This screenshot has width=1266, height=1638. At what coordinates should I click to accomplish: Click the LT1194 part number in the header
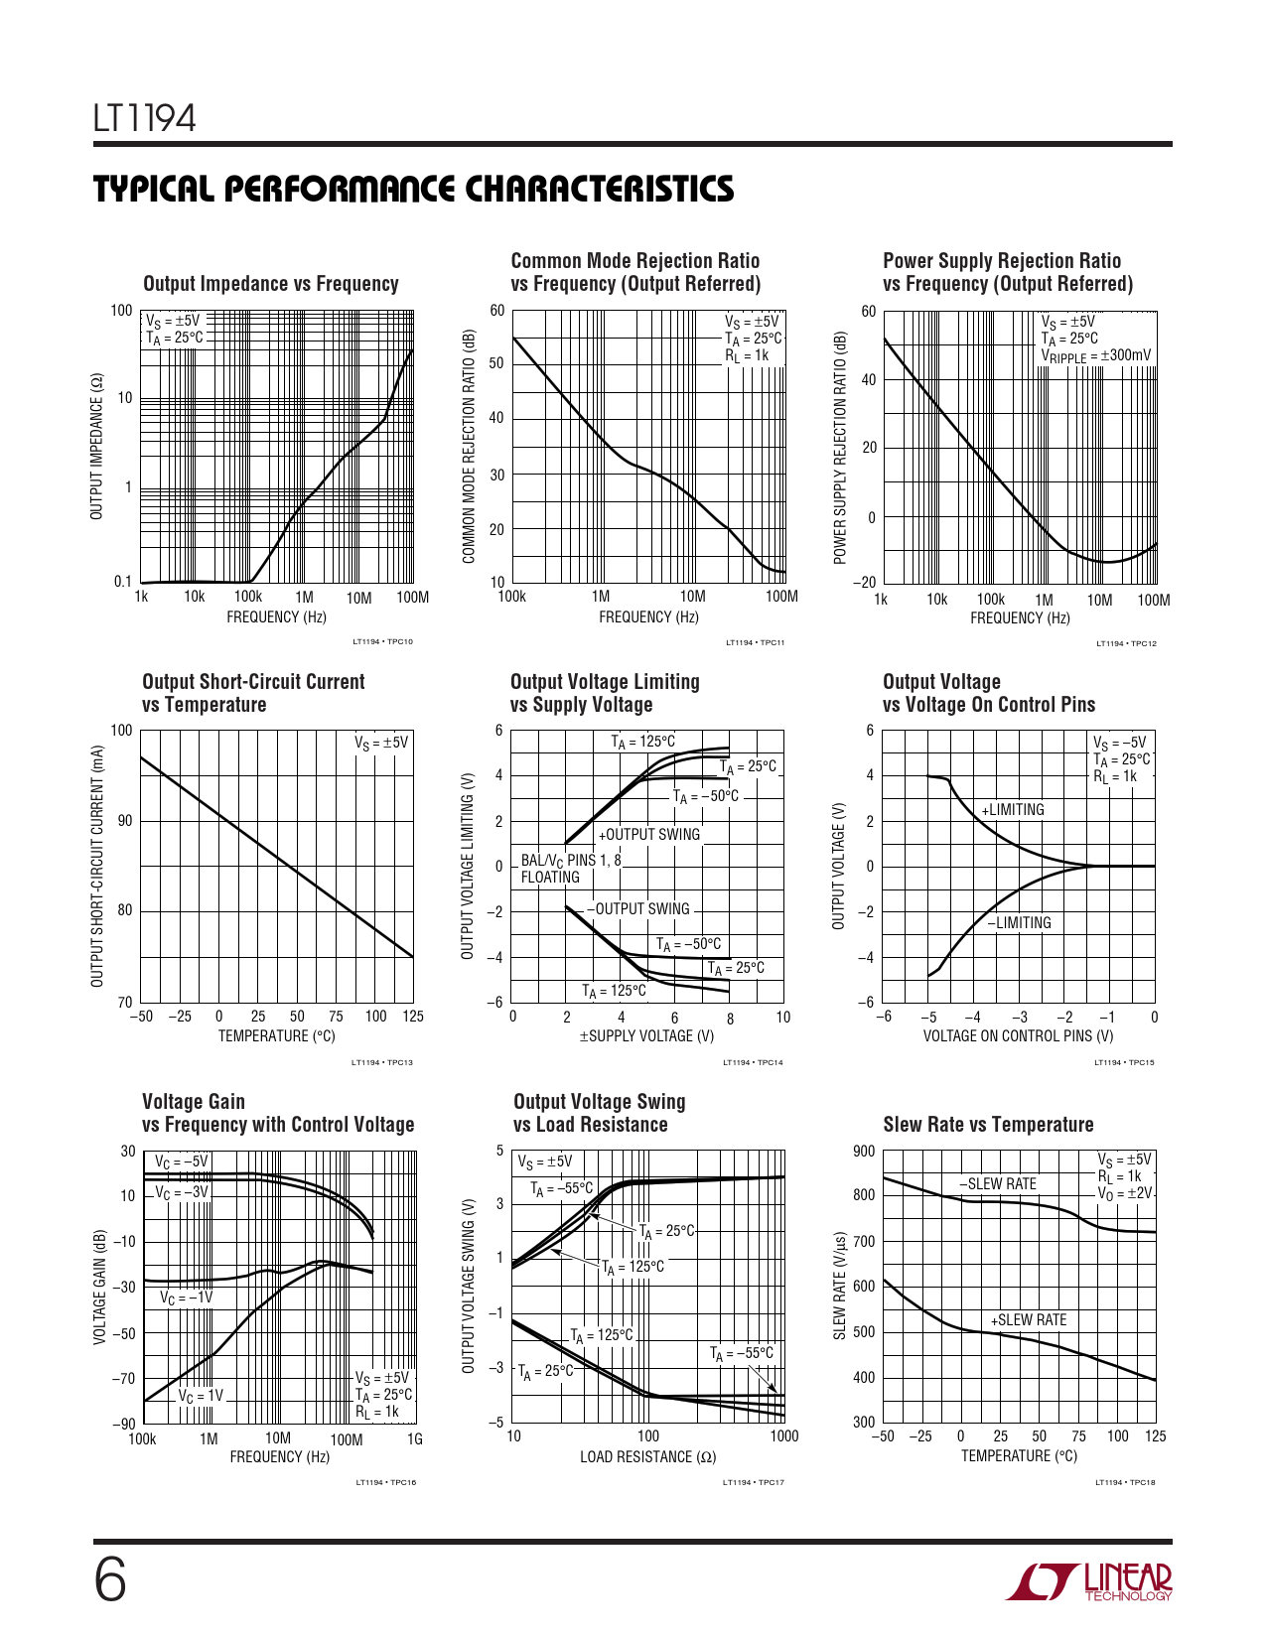(145, 119)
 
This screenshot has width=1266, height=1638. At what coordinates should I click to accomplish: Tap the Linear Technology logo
(1089, 1581)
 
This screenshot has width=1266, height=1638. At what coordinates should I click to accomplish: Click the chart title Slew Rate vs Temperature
(988, 1125)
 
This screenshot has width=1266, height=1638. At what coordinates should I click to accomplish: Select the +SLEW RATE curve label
(1029, 1319)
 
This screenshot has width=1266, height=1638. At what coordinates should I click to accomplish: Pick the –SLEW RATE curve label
(998, 1183)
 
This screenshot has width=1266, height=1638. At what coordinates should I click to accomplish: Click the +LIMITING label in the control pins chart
(1013, 810)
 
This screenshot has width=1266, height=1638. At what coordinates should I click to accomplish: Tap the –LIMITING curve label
(1019, 922)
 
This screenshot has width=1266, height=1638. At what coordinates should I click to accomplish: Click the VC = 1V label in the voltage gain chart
(201, 1396)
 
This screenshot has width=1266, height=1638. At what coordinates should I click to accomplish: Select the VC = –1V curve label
(187, 1297)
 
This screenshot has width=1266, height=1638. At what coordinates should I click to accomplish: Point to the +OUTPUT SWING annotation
(649, 835)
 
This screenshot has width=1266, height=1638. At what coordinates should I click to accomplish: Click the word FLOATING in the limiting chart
(550, 878)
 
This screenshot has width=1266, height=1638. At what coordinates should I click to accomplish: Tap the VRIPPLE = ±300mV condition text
(1096, 355)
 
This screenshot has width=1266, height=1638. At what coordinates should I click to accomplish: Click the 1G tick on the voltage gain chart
(415, 1439)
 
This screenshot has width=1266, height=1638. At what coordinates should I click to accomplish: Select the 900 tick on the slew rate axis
(864, 1152)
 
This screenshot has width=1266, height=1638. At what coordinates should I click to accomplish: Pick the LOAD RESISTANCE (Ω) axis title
(647, 1457)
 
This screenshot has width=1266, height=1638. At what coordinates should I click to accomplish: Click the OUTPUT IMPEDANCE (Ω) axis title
(96, 447)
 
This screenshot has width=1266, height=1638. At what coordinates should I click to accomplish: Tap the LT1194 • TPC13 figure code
(382, 1063)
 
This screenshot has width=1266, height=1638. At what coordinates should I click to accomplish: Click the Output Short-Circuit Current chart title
(253, 693)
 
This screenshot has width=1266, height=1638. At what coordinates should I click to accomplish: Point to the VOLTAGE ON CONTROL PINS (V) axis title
(1018, 1036)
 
